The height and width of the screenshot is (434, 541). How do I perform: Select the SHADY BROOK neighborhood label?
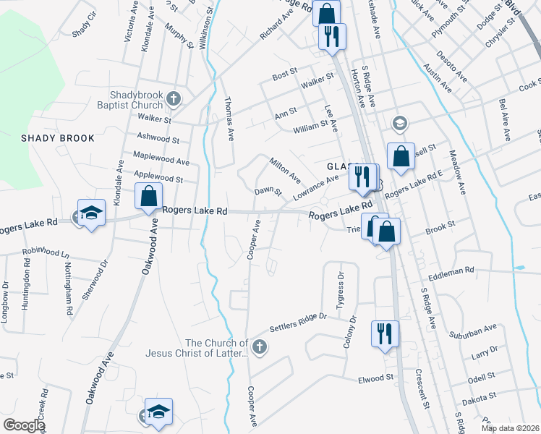pos(58,138)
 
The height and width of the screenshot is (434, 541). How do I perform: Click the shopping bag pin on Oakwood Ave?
pos(148,197)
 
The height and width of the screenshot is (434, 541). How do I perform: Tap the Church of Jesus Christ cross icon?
pos(260,349)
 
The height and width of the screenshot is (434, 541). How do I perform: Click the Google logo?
pos(24,425)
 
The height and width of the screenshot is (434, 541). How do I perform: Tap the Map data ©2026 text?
pos(510,428)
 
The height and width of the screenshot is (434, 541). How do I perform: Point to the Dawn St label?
pos(267,192)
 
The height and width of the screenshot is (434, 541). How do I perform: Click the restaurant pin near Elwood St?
pos(383,334)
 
